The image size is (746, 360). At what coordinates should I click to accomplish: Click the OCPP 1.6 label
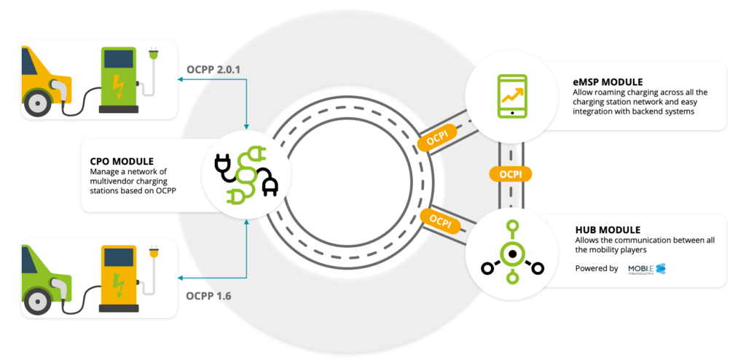209,296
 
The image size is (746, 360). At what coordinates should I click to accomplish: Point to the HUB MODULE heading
605,230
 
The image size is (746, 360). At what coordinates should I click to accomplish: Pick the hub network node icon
512,254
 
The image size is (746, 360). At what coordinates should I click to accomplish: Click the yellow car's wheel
36,103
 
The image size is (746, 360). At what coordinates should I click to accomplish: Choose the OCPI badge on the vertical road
511,174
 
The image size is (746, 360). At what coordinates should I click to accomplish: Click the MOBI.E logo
647,269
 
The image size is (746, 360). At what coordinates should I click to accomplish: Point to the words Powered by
597,268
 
